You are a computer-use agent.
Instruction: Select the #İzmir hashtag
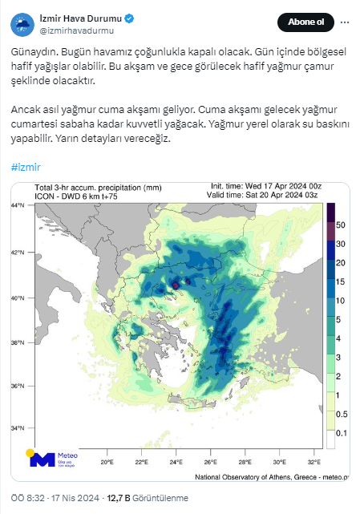pyautogui.click(x=26, y=167)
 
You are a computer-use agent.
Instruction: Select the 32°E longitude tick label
pyautogui.click(x=314, y=463)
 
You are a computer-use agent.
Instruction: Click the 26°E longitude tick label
pyautogui.click(x=211, y=463)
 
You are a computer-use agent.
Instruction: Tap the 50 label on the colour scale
pyautogui.click(x=340, y=225)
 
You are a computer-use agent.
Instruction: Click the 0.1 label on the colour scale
pyautogui.click(x=341, y=433)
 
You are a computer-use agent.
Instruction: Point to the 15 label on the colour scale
pyautogui.click(x=340, y=281)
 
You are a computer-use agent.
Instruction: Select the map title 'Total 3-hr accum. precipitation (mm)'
pyautogui.click(x=94, y=187)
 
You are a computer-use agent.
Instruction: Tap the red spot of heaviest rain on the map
pyautogui.click(x=176, y=285)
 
